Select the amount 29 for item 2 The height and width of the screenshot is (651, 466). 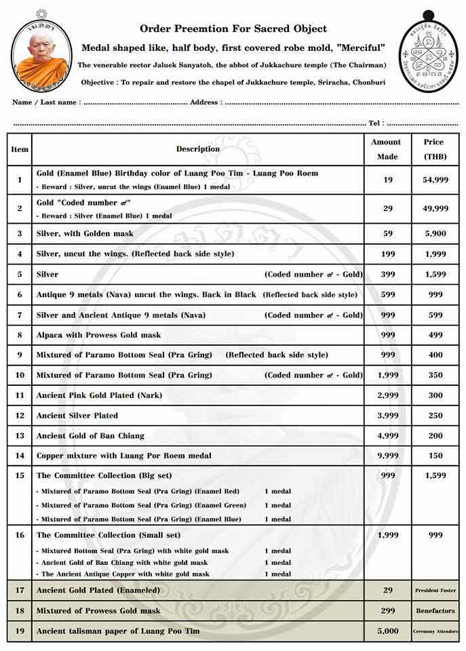point(387,208)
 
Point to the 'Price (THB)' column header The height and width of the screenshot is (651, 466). point(433,149)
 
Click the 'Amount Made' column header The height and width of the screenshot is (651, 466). point(386,149)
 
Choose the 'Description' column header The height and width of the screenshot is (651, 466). point(198,149)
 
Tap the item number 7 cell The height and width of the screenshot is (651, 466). point(20,315)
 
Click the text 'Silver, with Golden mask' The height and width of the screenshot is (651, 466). point(85,233)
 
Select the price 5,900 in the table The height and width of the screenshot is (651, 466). point(434,233)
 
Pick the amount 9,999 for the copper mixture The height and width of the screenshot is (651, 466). point(387,456)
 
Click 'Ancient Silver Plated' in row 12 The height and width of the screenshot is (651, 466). point(77,416)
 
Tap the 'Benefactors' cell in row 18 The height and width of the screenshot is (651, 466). point(435,611)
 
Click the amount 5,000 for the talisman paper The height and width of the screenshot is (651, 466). point(387,631)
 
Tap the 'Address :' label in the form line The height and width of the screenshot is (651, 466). point(205,102)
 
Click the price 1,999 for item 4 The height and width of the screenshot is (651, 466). point(434,254)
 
